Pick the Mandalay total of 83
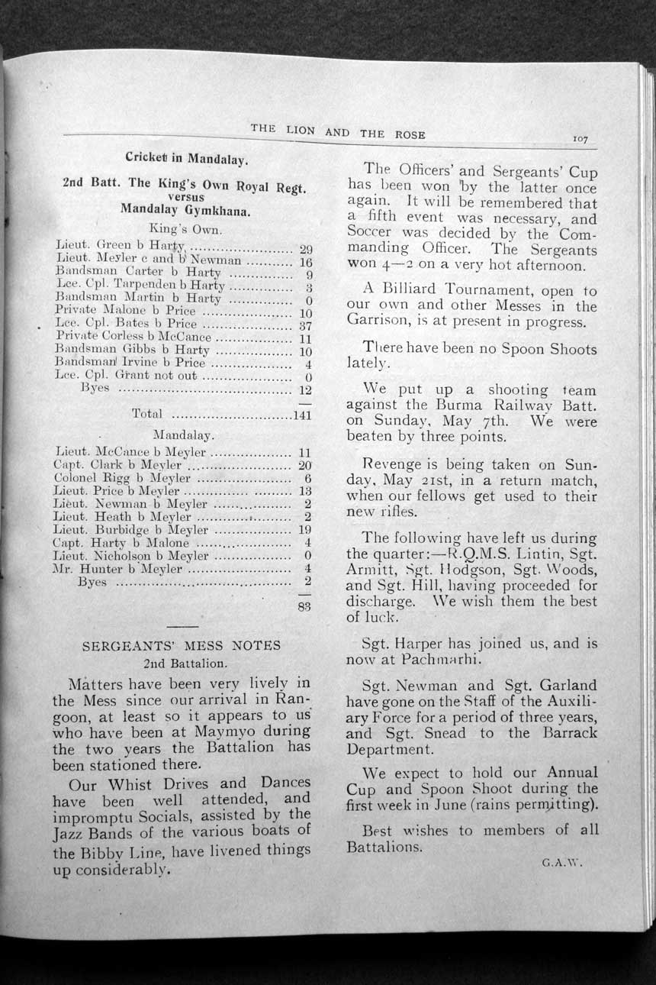pos(304,608)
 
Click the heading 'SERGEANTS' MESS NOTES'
pos(181,646)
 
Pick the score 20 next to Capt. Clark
pos(305,465)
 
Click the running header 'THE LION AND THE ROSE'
pos(337,131)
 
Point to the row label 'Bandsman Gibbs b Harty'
pos(132,351)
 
